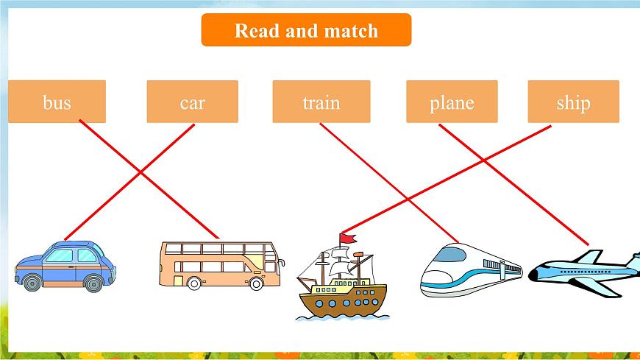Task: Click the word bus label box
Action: pyautogui.click(x=57, y=102)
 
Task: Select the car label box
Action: pyautogui.click(x=192, y=102)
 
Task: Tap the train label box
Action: pyautogui.click(x=321, y=102)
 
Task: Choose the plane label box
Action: pyautogui.click(x=452, y=102)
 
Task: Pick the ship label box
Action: pyautogui.click(x=574, y=102)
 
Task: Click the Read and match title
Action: pyautogui.click(x=306, y=30)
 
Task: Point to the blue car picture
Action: pyautogui.click(x=65, y=266)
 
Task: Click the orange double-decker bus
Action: pyautogui.click(x=221, y=266)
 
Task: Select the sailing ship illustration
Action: pyautogui.click(x=342, y=277)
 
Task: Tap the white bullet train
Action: pyautogui.click(x=471, y=269)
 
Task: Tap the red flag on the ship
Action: pyautogui.click(x=348, y=239)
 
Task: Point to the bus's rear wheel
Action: pyautogui.click(x=194, y=283)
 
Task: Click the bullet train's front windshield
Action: pyautogui.click(x=449, y=254)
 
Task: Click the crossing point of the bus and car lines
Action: pyautogui.click(x=141, y=172)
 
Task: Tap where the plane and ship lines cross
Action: pyautogui.click(x=483, y=160)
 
